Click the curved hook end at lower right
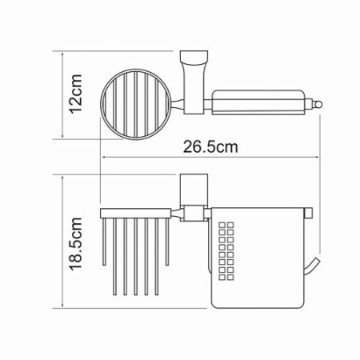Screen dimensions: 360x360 (314, 267)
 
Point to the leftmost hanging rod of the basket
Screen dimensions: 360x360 (104, 240)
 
